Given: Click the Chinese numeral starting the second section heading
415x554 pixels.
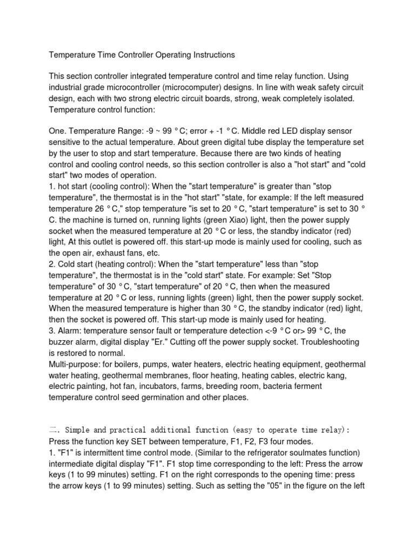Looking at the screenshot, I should tap(53, 430).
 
